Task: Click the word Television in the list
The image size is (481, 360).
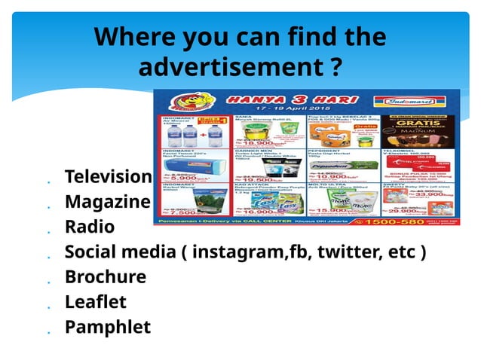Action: [109, 177]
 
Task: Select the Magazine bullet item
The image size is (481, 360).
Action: [107, 202]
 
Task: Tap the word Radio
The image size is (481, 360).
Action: [90, 227]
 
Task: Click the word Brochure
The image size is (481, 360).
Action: [106, 276]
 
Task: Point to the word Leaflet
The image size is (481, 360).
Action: [96, 302]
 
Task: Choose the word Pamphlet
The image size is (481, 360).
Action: [108, 327]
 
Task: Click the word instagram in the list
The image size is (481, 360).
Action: [240, 252]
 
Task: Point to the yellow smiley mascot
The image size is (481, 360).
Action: [181, 102]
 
